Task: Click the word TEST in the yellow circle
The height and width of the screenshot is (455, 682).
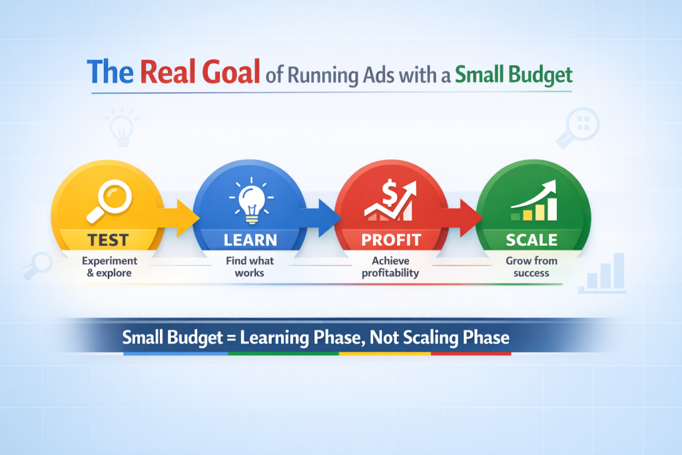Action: pos(108,240)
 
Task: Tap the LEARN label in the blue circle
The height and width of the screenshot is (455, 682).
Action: pos(250,240)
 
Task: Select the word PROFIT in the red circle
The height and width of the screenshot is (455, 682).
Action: pos(391,240)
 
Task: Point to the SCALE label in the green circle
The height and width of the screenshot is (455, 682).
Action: pos(531,240)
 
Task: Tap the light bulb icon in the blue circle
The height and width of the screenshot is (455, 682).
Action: pos(251,201)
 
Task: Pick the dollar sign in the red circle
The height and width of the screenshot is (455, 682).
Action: pos(389,194)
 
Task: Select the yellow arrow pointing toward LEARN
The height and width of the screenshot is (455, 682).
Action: pos(178,217)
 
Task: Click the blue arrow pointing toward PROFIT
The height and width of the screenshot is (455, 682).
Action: pos(320,217)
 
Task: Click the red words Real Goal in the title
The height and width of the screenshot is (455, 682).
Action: pos(200,72)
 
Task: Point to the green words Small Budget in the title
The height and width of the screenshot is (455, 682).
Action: pos(513,75)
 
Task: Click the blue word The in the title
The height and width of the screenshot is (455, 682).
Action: pos(110,72)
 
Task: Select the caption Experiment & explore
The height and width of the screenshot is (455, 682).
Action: pos(109,266)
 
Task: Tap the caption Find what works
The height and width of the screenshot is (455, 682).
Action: pos(250,266)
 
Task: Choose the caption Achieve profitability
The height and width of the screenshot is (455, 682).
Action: pos(390,266)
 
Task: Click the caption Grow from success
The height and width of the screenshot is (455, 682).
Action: pos(531,266)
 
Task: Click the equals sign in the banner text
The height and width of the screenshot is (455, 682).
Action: pos(231,338)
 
